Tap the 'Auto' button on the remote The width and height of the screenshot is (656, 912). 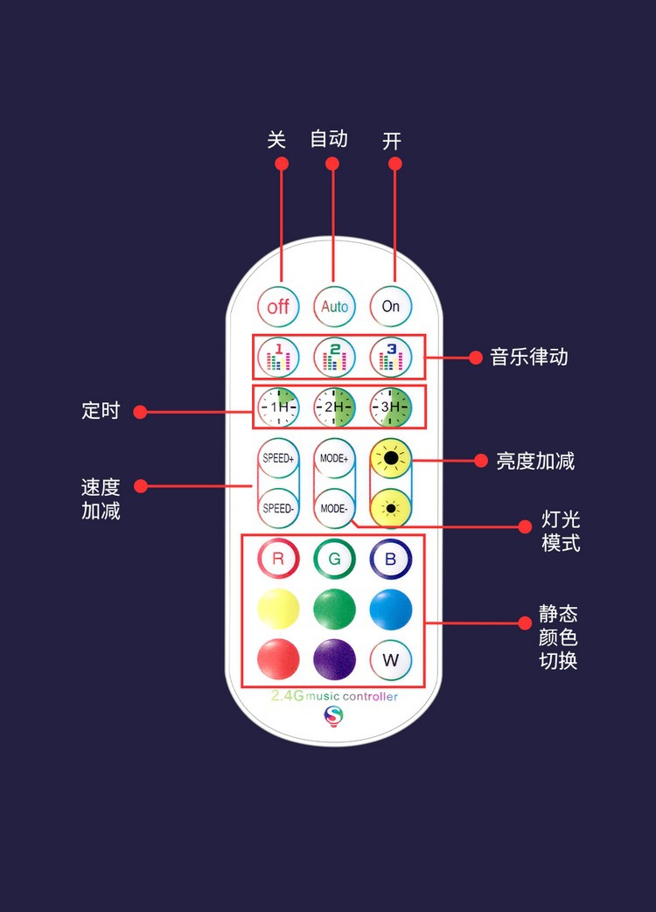coord(334,306)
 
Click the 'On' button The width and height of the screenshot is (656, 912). coord(390,306)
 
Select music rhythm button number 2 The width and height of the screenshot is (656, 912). coord(334,357)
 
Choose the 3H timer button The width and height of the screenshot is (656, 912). coord(390,407)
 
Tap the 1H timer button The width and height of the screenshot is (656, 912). coord(278,407)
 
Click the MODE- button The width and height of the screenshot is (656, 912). coord(334,508)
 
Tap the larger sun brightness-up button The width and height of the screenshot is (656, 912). coord(390,458)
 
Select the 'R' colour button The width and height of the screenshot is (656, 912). coord(278,560)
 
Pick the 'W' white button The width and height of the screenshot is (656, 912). coord(390,659)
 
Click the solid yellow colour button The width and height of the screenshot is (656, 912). coord(278,609)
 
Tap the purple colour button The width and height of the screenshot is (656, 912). coord(334,659)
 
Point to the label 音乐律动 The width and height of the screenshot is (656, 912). coord(529,357)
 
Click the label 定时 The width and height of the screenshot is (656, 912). coord(101,410)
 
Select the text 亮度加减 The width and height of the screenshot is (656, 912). coord(535,461)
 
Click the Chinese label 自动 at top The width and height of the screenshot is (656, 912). coord(329,139)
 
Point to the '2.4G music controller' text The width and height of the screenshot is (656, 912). coord(334,697)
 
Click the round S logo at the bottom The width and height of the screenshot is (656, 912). coord(333,717)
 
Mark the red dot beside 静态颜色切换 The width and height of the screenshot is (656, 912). coord(525,623)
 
